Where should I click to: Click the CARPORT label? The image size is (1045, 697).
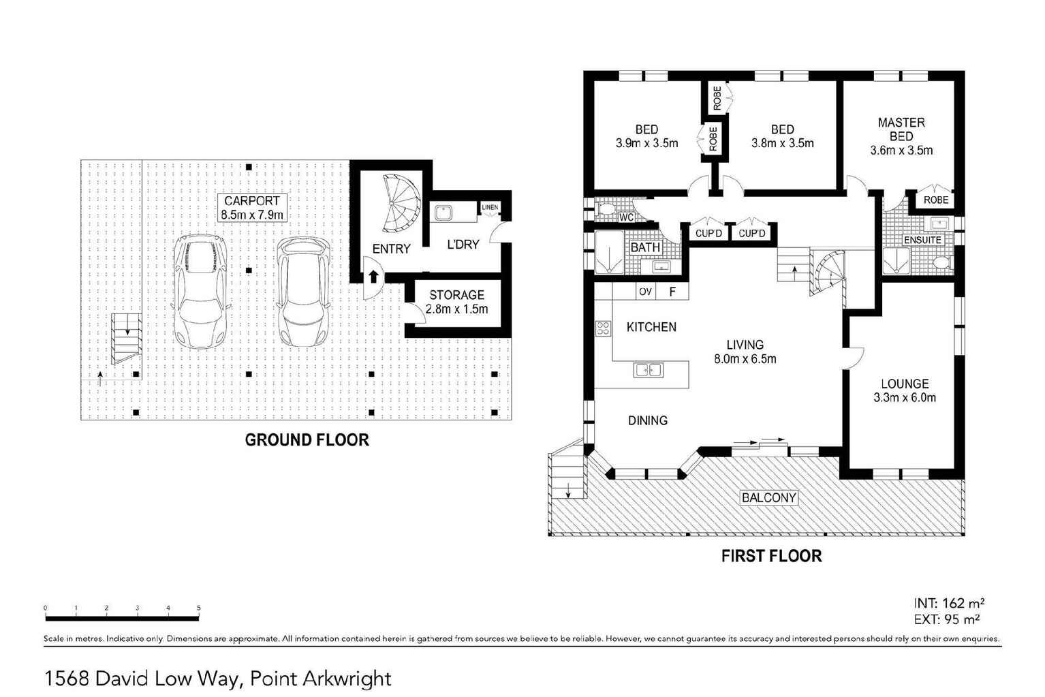click(252, 201)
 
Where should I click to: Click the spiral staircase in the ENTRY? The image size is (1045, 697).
click(401, 203)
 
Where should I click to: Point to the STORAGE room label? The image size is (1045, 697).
click(456, 295)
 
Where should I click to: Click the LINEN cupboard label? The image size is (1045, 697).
click(490, 207)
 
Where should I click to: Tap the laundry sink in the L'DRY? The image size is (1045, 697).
click(445, 213)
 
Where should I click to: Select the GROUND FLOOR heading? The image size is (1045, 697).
click(307, 440)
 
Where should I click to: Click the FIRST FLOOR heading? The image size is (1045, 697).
click(771, 557)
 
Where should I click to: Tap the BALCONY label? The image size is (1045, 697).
click(768, 498)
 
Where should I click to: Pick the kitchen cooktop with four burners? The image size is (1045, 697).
click(603, 328)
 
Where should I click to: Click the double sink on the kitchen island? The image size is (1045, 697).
click(648, 370)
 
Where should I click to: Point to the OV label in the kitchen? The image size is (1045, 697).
click(645, 292)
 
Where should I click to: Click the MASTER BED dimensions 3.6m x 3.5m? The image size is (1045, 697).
click(901, 151)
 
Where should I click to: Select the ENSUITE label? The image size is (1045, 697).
click(922, 241)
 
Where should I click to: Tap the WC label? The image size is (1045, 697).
click(626, 217)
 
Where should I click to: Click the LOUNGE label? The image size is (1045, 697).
click(904, 384)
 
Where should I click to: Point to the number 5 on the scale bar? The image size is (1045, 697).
click(199, 608)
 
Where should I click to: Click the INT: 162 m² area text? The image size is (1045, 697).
click(948, 604)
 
